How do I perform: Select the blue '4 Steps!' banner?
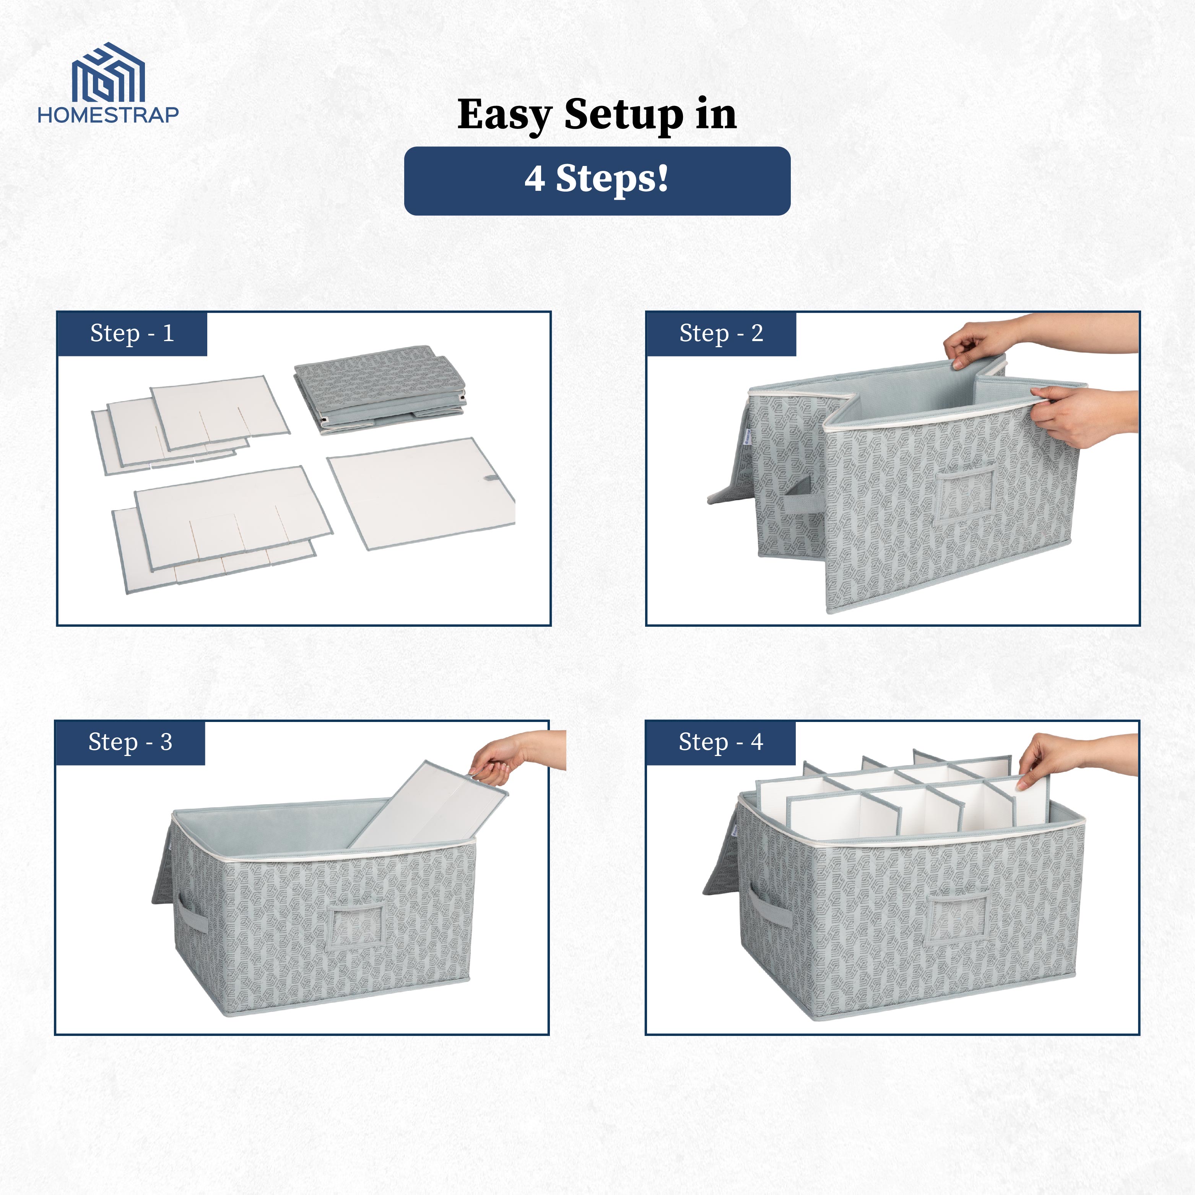pyautogui.click(x=597, y=180)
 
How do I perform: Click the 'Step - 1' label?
pyautogui.click(x=132, y=333)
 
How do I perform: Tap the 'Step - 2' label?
pyautogui.click(x=721, y=333)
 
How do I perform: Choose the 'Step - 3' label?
pyautogui.click(x=130, y=742)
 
